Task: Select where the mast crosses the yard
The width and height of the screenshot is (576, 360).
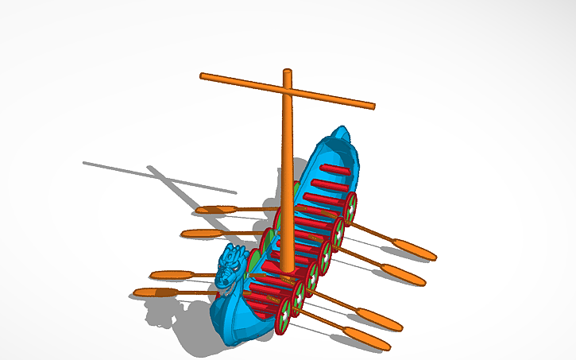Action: (x=288, y=90)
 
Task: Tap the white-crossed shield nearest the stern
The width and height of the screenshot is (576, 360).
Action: (x=350, y=207)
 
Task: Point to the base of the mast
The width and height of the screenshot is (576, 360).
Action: (x=287, y=266)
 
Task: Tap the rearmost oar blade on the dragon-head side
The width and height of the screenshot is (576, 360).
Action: (x=212, y=210)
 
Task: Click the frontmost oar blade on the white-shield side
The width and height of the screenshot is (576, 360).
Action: (x=367, y=339)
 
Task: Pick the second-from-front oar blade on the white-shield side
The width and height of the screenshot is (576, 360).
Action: (x=380, y=319)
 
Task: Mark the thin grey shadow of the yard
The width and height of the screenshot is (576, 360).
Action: (x=159, y=176)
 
